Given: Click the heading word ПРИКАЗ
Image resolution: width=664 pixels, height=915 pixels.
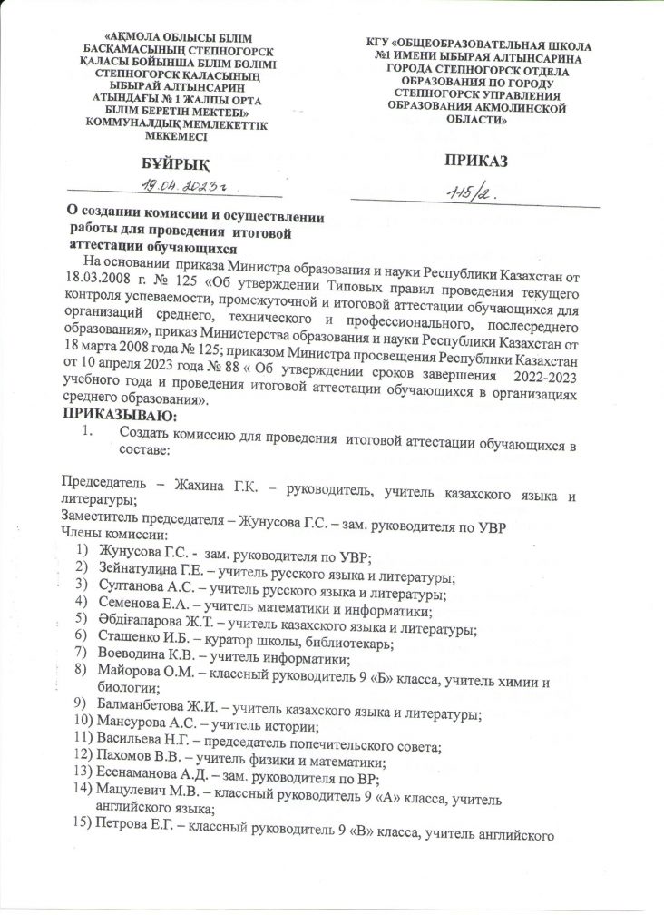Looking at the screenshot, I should click(x=474, y=161).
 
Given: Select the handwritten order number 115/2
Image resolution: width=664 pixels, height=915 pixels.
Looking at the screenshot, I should click(x=472, y=193).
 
